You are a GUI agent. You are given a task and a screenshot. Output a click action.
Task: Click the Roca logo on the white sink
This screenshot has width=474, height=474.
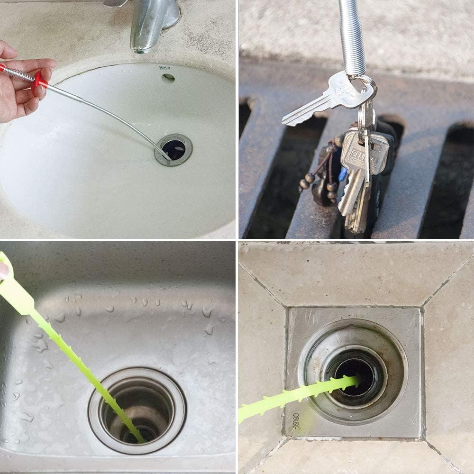point(164,68)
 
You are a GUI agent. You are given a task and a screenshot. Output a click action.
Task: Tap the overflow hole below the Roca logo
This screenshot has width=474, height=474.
point(168,78)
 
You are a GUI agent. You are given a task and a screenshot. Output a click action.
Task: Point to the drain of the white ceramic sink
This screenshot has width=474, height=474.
point(173,149)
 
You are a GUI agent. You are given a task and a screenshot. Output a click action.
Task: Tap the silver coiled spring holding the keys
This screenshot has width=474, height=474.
point(352,38)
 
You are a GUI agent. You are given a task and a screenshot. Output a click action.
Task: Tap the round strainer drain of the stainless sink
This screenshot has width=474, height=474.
point(137,410)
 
